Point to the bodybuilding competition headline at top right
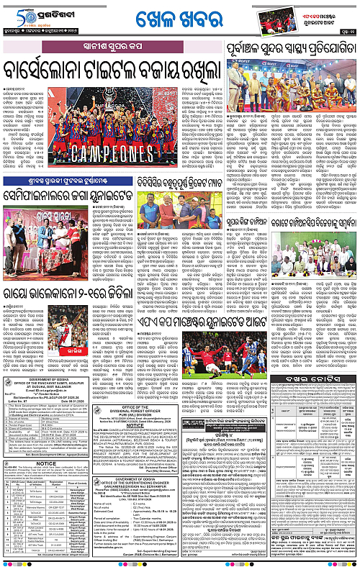point(292,51)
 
